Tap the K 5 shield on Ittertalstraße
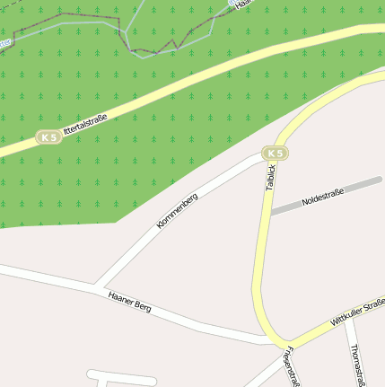(x=49, y=137)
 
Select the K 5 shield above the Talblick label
(x=276, y=154)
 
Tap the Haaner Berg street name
(x=129, y=301)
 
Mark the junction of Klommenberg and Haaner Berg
(x=95, y=286)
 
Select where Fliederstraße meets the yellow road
(x=280, y=347)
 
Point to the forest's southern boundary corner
(x=117, y=221)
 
